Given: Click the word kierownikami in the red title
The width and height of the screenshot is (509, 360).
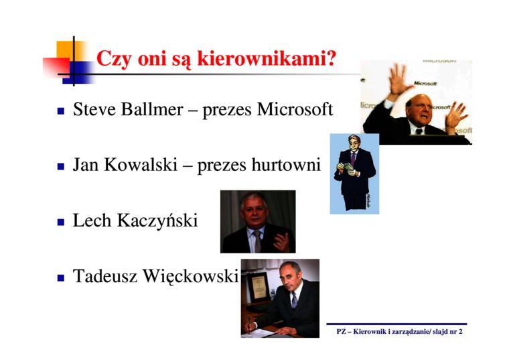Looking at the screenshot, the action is click(x=266, y=58).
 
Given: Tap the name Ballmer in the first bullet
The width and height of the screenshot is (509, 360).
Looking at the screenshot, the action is click(x=152, y=109).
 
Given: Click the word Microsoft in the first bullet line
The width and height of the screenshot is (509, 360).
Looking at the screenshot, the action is click(x=295, y=109).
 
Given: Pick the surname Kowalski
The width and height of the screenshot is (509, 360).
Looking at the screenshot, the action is click(x=141, y=164).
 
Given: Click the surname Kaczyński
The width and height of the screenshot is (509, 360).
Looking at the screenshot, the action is click(x=157, y=221).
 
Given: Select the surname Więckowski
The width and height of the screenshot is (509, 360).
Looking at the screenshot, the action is click(x=191, y=277).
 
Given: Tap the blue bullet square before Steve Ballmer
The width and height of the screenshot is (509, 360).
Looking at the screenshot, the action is click(x=61, y=111).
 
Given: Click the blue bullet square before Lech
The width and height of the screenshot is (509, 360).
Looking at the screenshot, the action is click(x=61, y=223).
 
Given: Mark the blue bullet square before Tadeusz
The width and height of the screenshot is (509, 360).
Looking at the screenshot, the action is click(x=61, y=278).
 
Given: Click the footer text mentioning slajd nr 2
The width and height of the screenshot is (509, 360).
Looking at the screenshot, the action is click(x=399, y=331).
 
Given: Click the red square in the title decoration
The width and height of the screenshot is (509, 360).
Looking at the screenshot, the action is click(x=56, y=67).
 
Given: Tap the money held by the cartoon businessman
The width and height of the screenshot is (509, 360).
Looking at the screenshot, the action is click(x=348, y=167).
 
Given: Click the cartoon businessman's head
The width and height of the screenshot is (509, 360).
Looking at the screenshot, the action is click(x=354, y=143).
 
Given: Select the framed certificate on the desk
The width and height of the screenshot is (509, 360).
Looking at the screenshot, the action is click(x=259, y=287).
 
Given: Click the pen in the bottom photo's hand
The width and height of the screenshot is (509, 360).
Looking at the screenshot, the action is click(x=249, y=325).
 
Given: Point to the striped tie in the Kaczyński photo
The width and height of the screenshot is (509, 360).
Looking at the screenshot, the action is click(x=257, y=241).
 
